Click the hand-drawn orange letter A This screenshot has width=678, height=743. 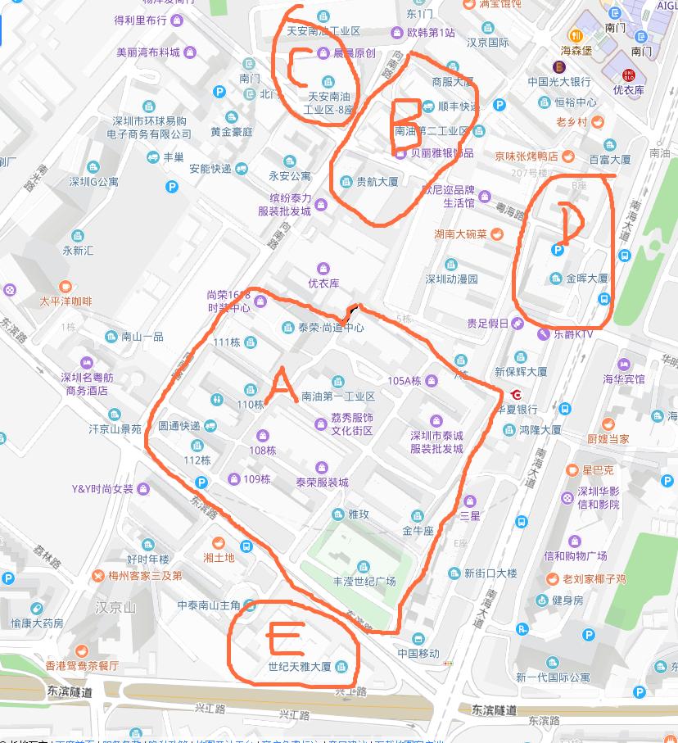point(278,386)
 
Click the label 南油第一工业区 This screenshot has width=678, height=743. point(338,396)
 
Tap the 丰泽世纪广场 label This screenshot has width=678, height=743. point(364,581)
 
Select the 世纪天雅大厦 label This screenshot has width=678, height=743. point(300,666)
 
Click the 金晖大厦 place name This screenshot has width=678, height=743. point(586,279)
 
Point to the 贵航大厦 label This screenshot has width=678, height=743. point(377,183)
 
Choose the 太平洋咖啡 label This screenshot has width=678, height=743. point(66,301)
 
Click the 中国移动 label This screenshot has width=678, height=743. point(418,653)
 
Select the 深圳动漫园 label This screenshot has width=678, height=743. point(451,279)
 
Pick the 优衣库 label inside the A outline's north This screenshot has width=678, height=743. point(323,283)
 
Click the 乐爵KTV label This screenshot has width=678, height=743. point(573,334)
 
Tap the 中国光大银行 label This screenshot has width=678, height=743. point(559,82)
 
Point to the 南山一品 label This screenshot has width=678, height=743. point(142,337)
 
